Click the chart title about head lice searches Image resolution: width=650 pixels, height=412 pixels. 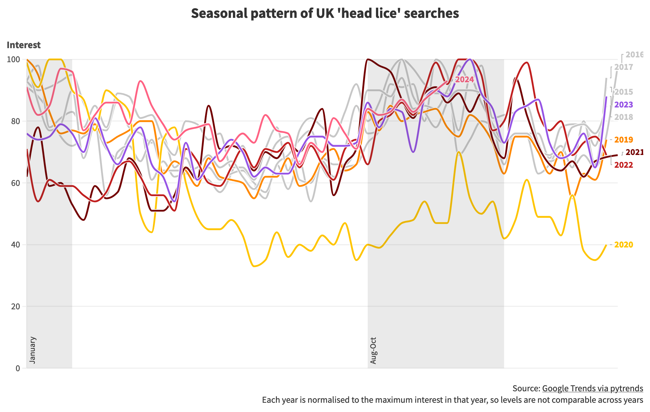click(x=325, y=13)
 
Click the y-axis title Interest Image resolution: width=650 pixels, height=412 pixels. click(x=24, y=45)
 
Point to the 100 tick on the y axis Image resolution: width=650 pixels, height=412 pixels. click(x=16, y=59)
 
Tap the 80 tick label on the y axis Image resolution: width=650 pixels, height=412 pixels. click(x=16, y=121)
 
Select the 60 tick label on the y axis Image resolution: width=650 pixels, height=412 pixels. click(x=16, y=183)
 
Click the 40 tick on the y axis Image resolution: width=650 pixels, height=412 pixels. click(x=16, y=245)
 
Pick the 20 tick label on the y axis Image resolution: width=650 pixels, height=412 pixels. click(x=16, y=306)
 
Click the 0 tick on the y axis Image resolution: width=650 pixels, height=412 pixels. click(x=18, y=368)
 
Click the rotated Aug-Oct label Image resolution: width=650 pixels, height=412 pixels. click(x=373, y=350)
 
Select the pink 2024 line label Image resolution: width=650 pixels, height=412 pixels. click(x=464, y=79)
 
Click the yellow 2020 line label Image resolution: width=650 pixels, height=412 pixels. click(x=623, y=245)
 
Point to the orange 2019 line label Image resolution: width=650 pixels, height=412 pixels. click(x=623, y=140)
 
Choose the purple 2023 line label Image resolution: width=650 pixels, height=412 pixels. click(x=623, y=105)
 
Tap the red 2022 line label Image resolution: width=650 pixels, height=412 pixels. click(x=623, y=165)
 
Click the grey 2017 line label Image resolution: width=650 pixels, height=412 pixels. click(x=623, y=67)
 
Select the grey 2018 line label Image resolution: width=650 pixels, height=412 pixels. click(x=623, y=117)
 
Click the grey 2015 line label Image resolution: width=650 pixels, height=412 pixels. click(x=623, y=92)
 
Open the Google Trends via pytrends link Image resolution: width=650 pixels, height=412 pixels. click(x=592, y=388)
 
